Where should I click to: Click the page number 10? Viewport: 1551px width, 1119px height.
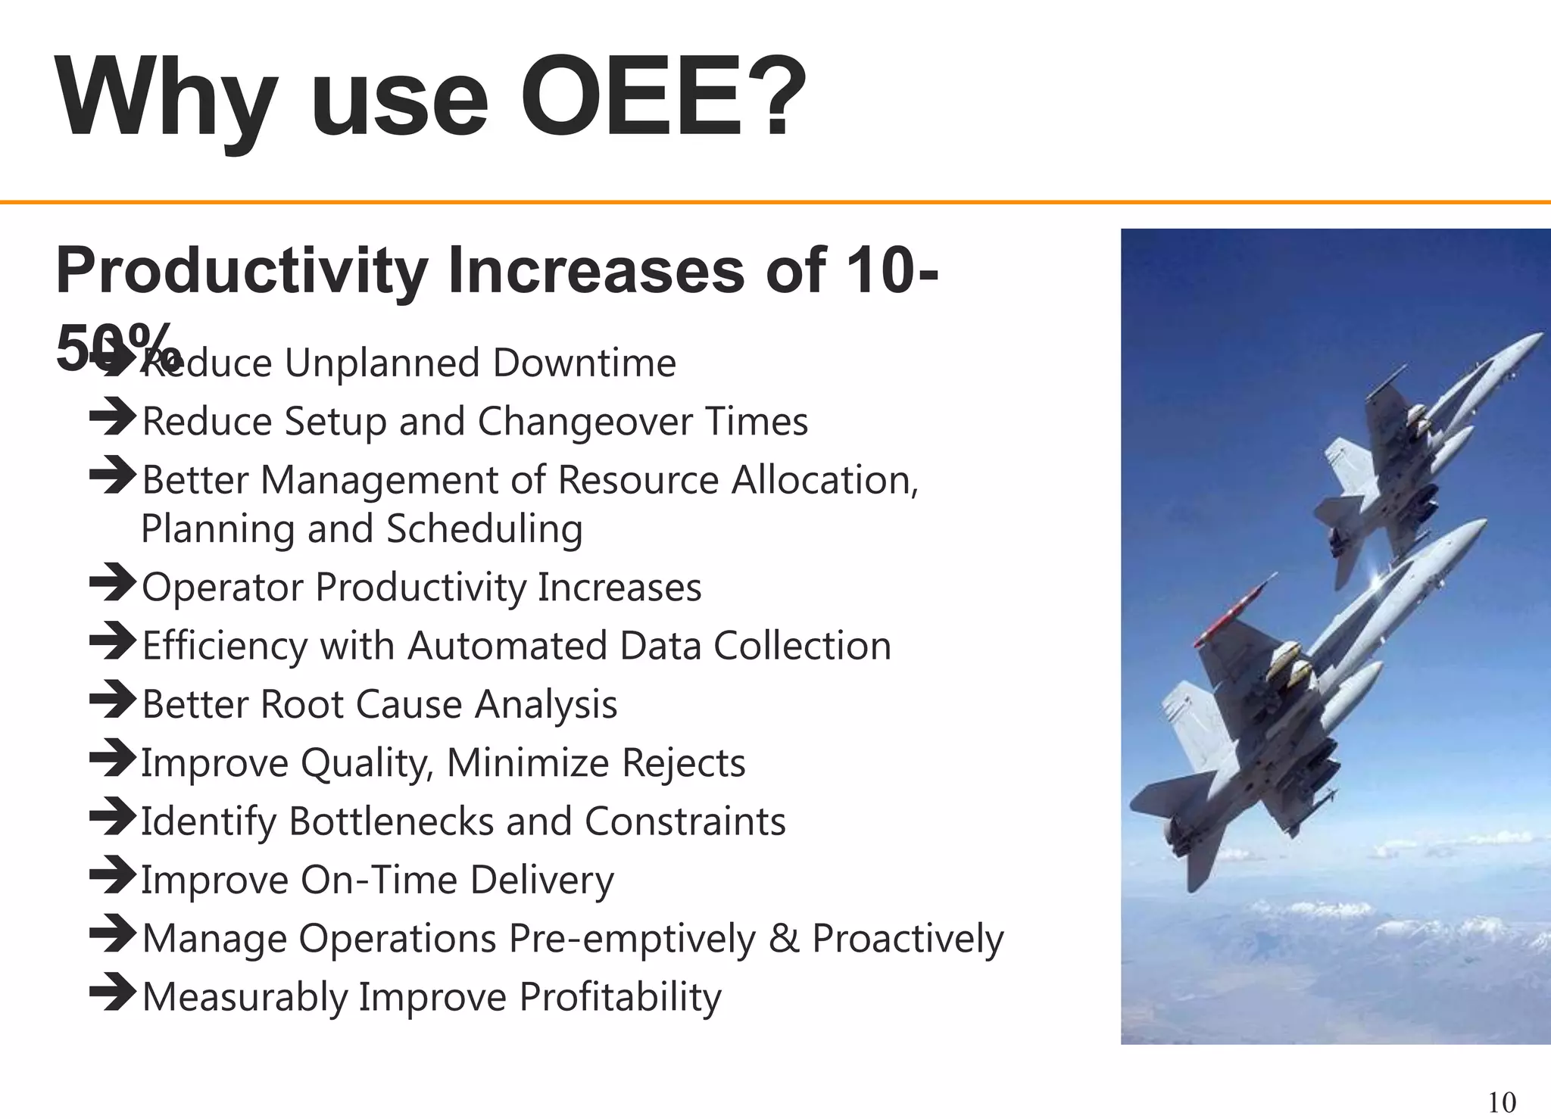[x=1502, y=1102]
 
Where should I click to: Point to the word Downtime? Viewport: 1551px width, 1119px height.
[x=584, y=363]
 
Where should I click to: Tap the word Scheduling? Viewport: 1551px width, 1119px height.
[x=485, y=528]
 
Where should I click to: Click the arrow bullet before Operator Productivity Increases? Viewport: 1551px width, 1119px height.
[x=112, y=583]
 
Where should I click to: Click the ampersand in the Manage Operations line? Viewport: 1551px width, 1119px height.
[x=783, y=939]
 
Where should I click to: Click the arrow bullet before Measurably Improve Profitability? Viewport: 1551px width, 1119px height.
[x=112, y=993]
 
